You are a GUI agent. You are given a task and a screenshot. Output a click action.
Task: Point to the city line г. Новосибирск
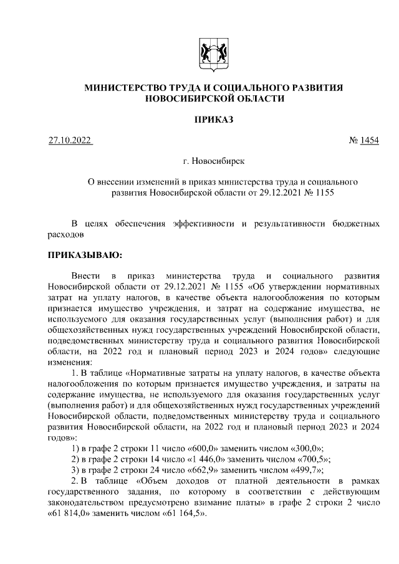pos(213,161)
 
